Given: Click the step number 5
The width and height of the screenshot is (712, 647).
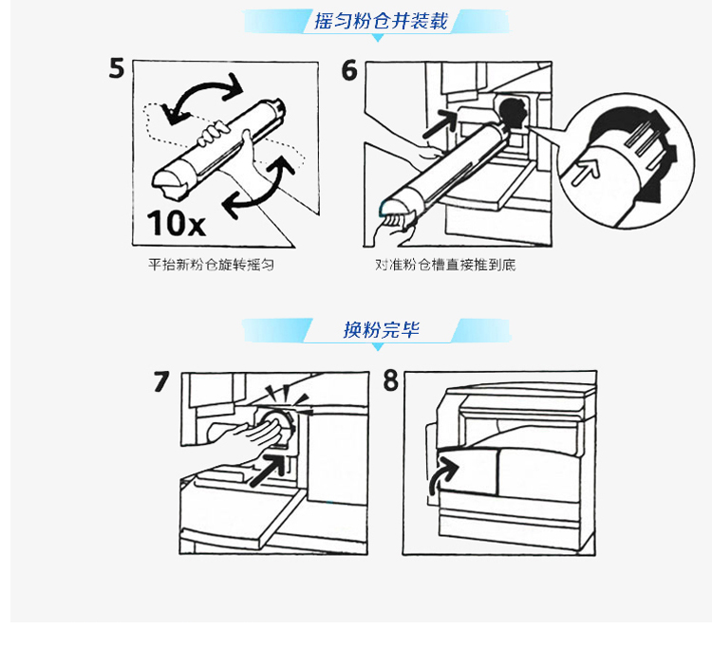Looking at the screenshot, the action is point(116,68).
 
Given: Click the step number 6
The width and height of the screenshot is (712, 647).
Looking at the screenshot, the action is point(349,71).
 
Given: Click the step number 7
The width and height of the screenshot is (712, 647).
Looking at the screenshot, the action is point(161,381).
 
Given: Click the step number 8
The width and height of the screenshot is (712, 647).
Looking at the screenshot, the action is point(390,380).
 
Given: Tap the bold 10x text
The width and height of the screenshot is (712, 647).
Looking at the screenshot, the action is point(177,223).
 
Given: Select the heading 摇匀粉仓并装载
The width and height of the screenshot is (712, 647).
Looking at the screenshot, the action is point(381,21).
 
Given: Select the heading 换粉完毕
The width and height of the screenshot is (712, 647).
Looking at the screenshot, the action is point(381,329).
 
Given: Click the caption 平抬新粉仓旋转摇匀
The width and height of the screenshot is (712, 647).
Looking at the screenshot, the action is point(211,265).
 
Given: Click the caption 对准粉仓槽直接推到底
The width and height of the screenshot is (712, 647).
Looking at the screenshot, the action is point(445,265).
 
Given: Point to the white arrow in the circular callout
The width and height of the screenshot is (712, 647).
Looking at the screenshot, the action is point(586,173).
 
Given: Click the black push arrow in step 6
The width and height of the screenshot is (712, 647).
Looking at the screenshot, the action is point(440,124).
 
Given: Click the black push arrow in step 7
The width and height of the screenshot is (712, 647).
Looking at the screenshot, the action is point(268,470).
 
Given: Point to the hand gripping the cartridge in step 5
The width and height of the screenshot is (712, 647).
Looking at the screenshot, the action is point(214,133).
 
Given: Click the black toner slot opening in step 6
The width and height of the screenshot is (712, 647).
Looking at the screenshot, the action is point(513,114).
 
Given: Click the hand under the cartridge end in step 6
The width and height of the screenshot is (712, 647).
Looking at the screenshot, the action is point(394,227).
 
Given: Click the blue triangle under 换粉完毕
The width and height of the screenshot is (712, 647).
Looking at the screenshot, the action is point(378,347).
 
